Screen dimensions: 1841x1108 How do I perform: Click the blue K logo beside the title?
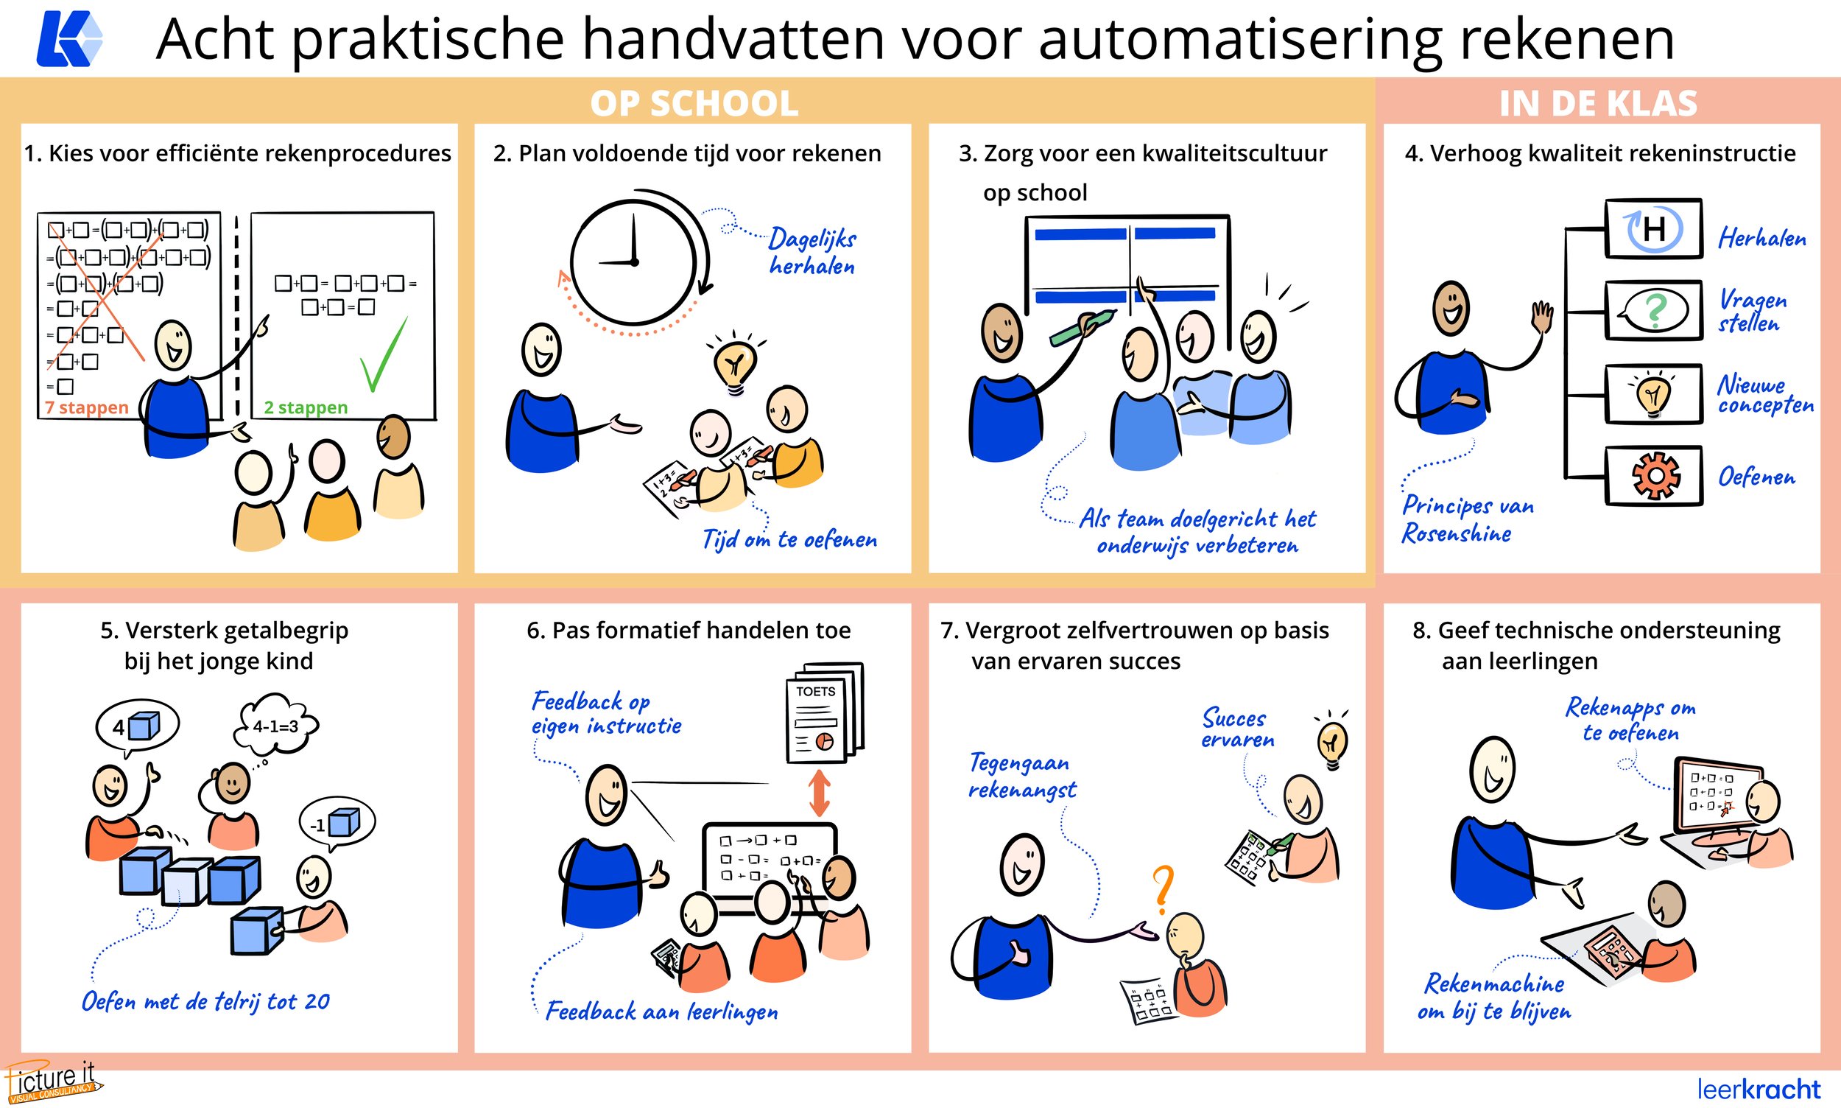pos(68,39)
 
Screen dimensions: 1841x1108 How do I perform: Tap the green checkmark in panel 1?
pos(383,357)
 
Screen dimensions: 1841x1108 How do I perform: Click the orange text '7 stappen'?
pos(87,407)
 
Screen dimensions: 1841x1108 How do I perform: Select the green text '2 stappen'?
pos(306,407)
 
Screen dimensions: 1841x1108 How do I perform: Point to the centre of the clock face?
pos(633,262)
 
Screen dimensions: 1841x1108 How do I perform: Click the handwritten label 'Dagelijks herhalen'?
pos(812,252)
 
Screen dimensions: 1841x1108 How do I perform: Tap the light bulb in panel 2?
pos(735,365)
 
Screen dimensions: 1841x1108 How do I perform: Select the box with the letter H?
pos(1653,228)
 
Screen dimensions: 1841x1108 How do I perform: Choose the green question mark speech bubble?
pos(1653,311)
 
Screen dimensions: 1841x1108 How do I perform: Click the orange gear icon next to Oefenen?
pos(1655,476)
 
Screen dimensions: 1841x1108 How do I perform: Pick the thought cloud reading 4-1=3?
pos(275,725)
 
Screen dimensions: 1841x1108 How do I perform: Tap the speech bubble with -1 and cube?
pos(337,824)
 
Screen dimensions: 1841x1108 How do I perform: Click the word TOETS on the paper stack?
pos(815,691)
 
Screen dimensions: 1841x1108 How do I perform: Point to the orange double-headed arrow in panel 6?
pos(820,793)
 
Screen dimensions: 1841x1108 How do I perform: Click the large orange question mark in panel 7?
pos(1162,889)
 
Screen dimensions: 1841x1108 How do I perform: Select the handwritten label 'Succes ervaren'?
pos(1237,729)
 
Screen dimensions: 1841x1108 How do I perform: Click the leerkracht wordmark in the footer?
pos(1759,1089)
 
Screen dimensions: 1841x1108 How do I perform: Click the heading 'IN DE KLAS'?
pos(1598,103)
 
